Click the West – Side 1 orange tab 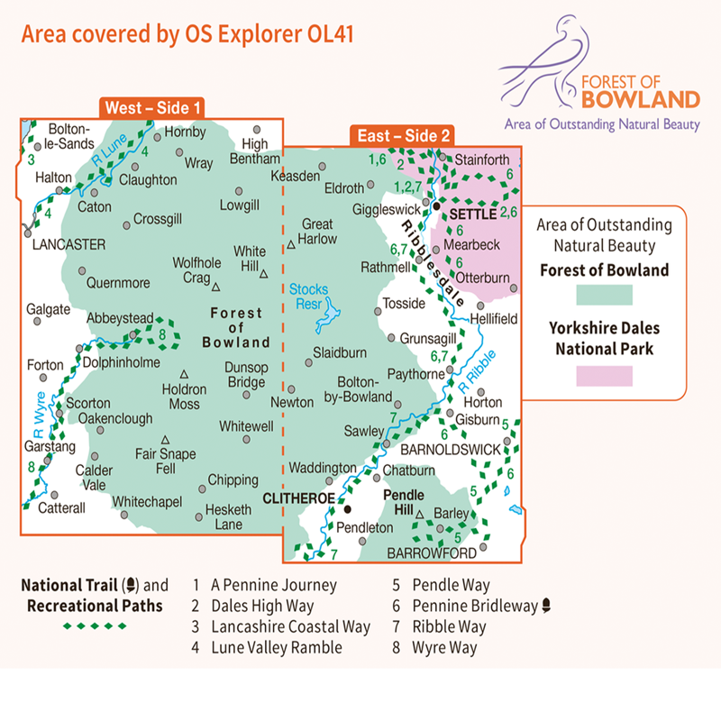pos(152,108)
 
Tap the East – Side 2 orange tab pos(402,135)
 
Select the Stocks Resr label pos(308,297)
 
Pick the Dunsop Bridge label pos(246,374)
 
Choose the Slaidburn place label pos(339,352)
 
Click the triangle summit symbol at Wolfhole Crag pos(216,287)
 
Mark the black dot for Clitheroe pos(347,509)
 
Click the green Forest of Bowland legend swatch pos(604,294)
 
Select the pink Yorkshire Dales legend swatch pos(604,375)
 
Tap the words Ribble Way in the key pos(449,626)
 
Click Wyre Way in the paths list pos(445,647)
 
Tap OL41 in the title pos(322,34)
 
